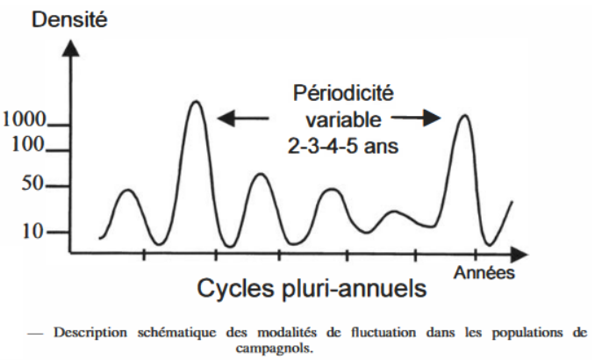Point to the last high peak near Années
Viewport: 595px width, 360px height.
[463, 115]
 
